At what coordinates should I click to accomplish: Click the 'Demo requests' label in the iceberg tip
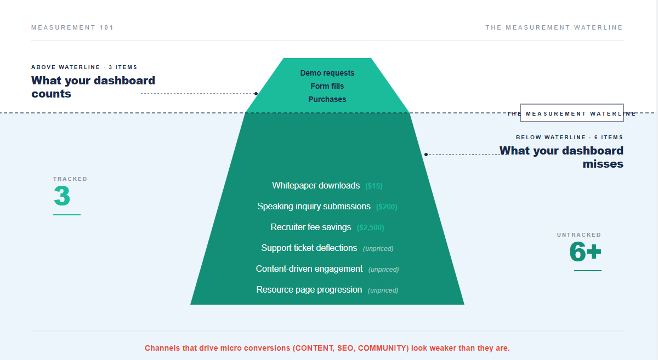327,73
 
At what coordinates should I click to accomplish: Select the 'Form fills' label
327,86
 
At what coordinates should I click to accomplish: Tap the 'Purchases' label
327,99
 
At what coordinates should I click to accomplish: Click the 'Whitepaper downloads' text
316,186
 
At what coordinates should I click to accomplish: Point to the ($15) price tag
373,186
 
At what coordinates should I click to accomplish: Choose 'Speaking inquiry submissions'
314,207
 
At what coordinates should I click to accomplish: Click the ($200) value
387,207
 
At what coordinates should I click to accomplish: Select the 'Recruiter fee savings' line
311,227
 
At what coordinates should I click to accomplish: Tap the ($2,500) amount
371,227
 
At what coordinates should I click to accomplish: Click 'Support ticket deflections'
309,248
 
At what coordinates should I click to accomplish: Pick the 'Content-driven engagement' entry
309,269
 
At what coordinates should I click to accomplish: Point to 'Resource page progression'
309,290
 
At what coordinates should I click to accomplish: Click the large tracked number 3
62,196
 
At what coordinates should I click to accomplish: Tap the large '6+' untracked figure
585,252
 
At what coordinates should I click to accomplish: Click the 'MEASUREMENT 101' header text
72,27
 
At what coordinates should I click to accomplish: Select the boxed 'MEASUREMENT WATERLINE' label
571,113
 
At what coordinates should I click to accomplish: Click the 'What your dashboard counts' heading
93,87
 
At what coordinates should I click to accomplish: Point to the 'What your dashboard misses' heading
561,157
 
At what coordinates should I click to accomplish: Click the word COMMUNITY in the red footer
383,348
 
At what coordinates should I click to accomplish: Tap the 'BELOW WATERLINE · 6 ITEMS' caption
570,138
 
